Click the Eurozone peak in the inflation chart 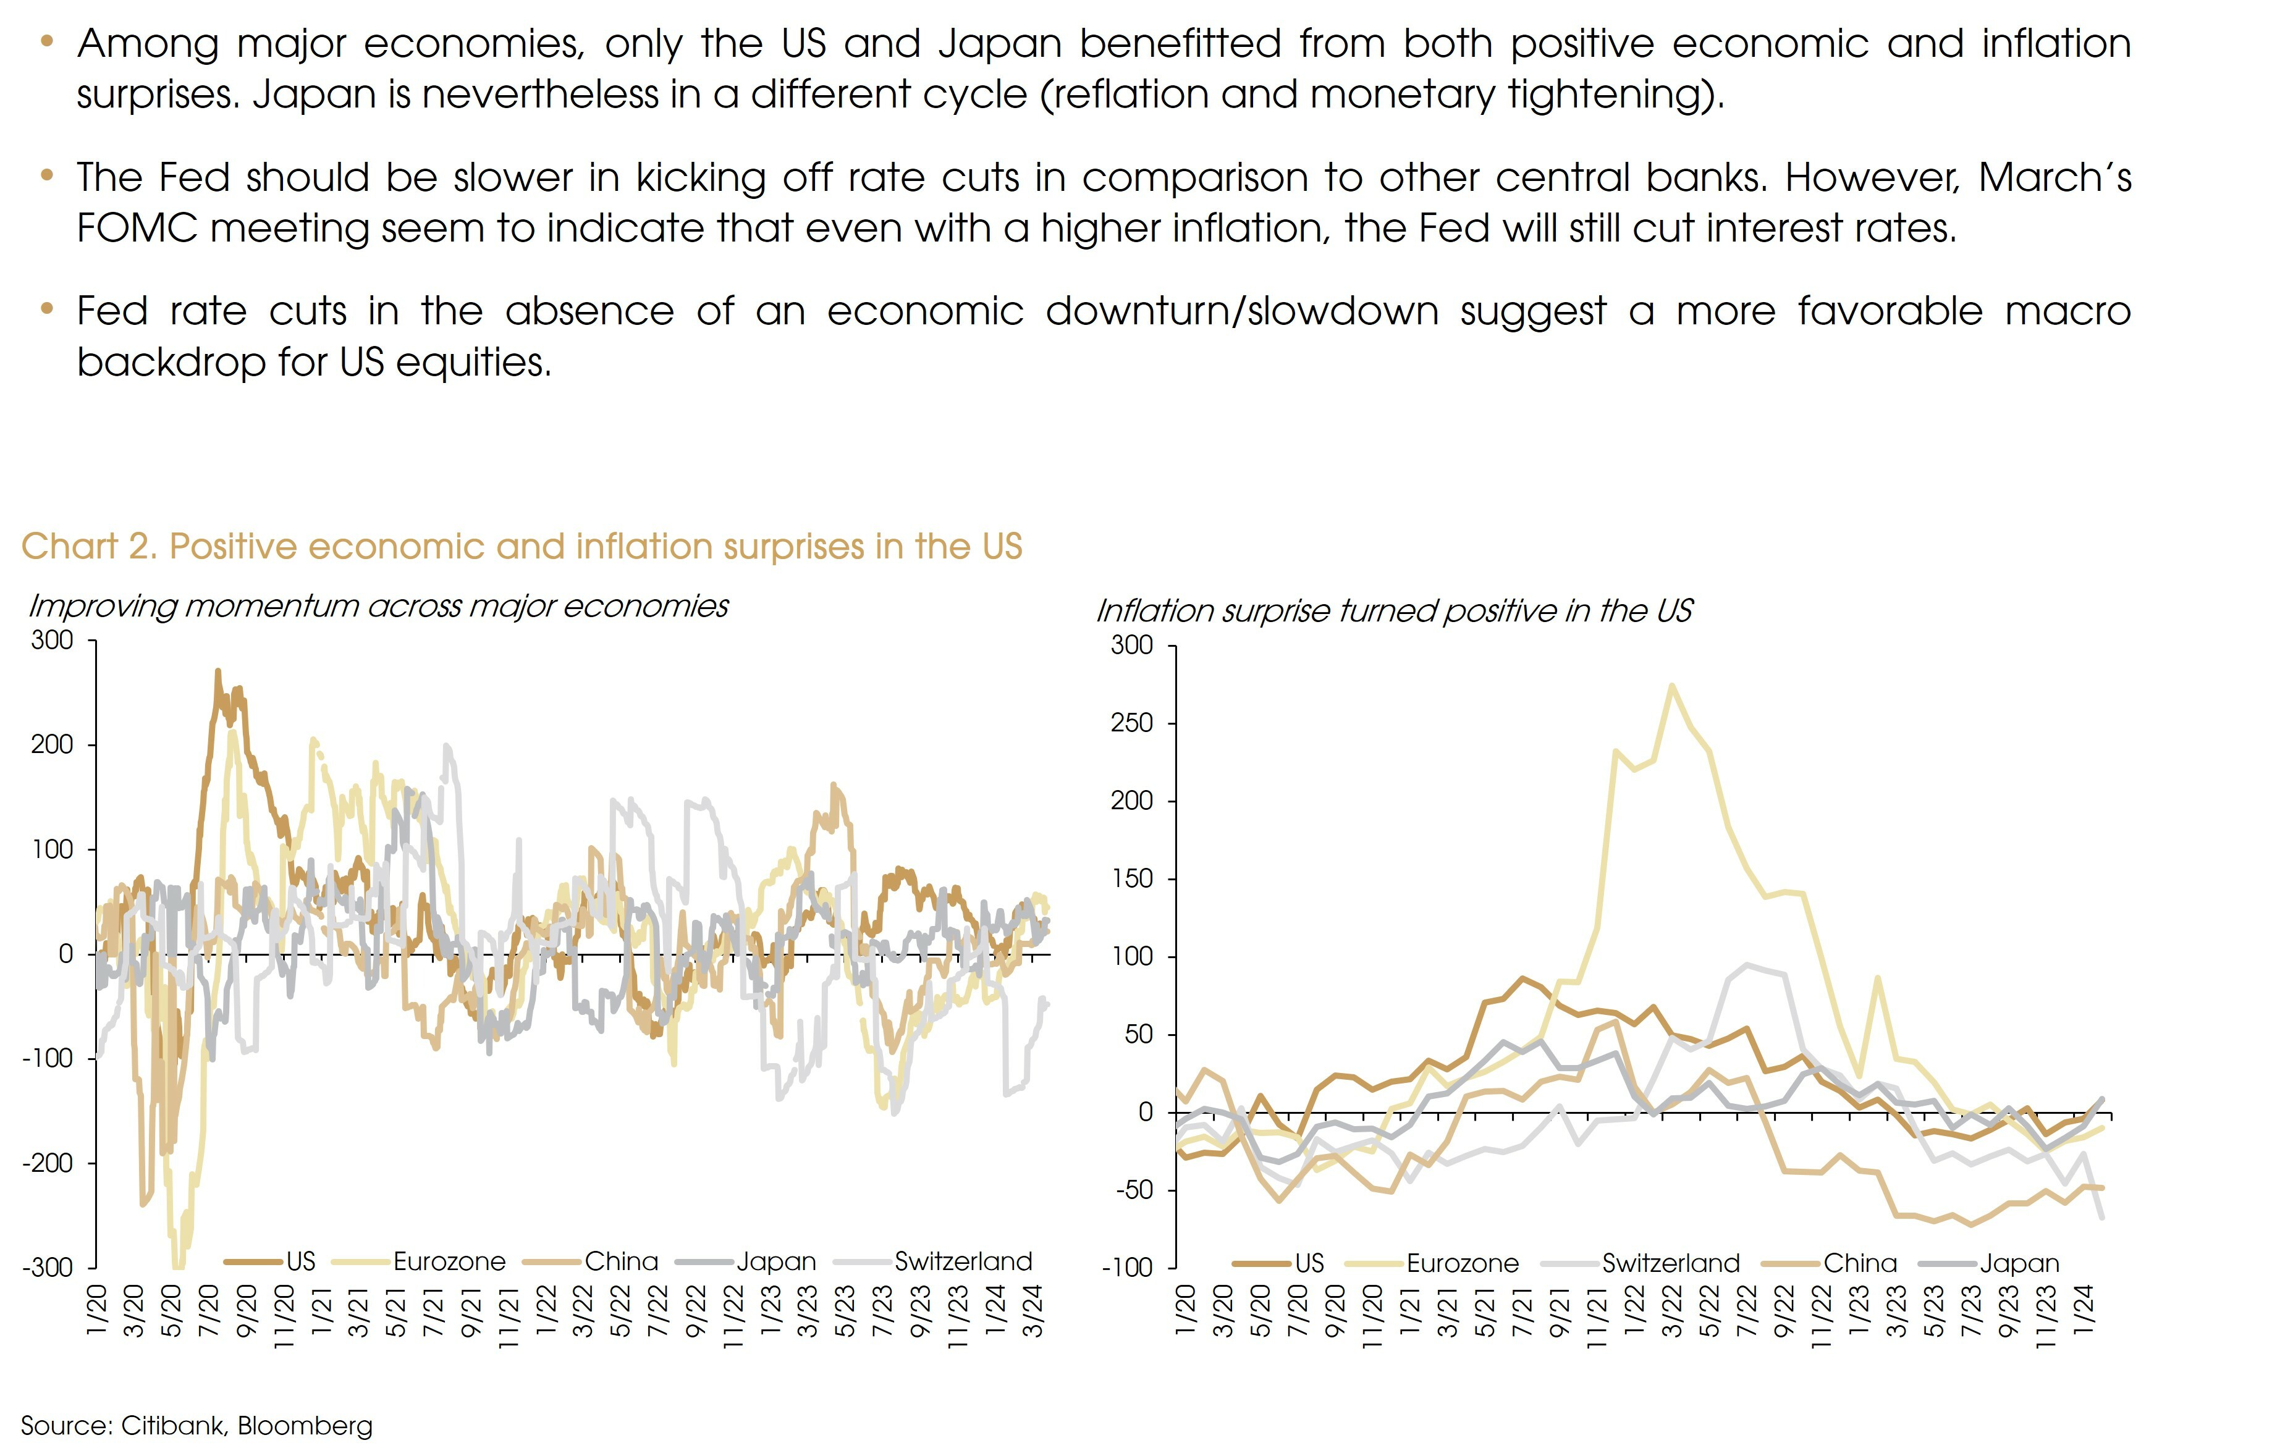[1671, 686]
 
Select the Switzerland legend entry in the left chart [963, 1261]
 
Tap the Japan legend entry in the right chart [2019, 1263]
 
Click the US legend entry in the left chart [300, 1261]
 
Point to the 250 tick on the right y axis [1132, 723]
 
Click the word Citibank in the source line [173, 1426]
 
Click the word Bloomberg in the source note [305, 1426]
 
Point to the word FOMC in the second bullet [137, 228]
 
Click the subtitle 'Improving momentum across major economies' [378, 606]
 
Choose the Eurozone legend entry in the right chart [1462, 1263]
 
